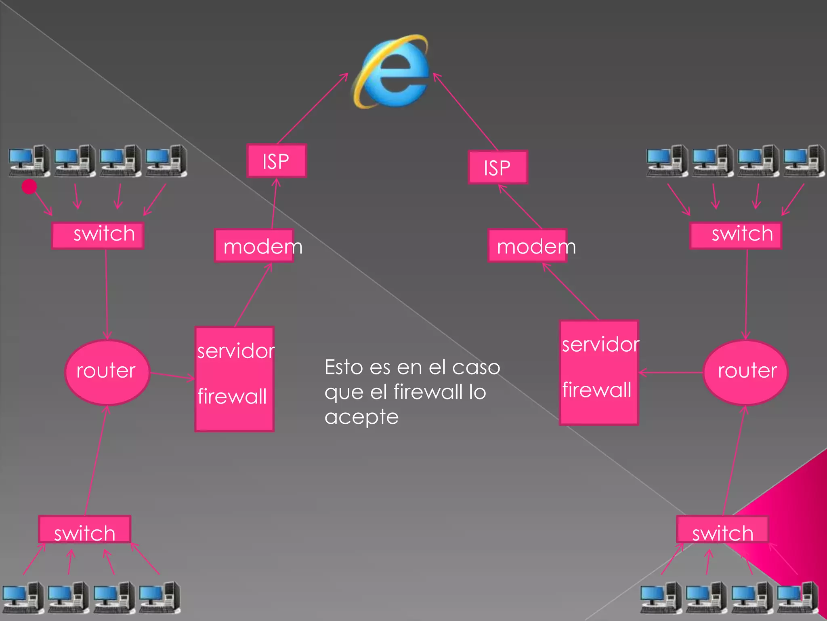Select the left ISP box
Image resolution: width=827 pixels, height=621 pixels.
pyautogui.click(x=277, y=161)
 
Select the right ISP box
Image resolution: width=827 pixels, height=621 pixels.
pyautogui.click(x=497, y=167)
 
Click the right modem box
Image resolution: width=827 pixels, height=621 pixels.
pyautogui.click(x=527, y=246)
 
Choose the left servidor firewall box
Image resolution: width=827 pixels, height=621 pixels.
pyautogui.click(x=235, y=379)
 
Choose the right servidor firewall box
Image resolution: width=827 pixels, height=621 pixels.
pyautogui.click(x=599, y=372)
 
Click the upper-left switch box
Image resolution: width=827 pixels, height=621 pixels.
pyautogui.click(x=98, y=235)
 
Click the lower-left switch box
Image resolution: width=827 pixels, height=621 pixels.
pyautogui.click(x=85, y=529)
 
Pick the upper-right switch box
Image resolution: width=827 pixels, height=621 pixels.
pyautogui.click(x=736, y=235)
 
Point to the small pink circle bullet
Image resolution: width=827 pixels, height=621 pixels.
pyautogui.click(x=29, y=186)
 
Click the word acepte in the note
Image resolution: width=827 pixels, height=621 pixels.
pyautogui.click(x=361, y=417)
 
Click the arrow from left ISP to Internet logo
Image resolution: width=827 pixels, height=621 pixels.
pyautogui.click(x=312, y=108)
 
